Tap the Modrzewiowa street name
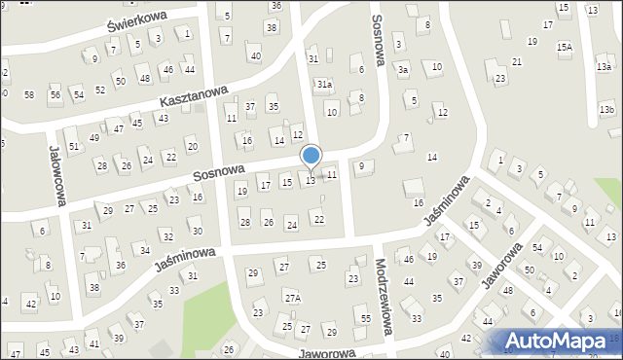[x=383, y=297]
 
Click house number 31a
[x=324, y=85]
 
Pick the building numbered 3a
[x=402, y=70]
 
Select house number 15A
[x=565, y=47]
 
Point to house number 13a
[x=605, y=66]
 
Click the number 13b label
[x=607, y=109]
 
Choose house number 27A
[x=292, y=297]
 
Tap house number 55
[x=365, y=319]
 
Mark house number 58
[x=29, y=94]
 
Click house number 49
[x=94, y=137]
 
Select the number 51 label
[x=73, y=145]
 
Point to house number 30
[x=197, y=231]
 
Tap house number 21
[x=517, y=61]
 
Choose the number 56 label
[x=55, y=94]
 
